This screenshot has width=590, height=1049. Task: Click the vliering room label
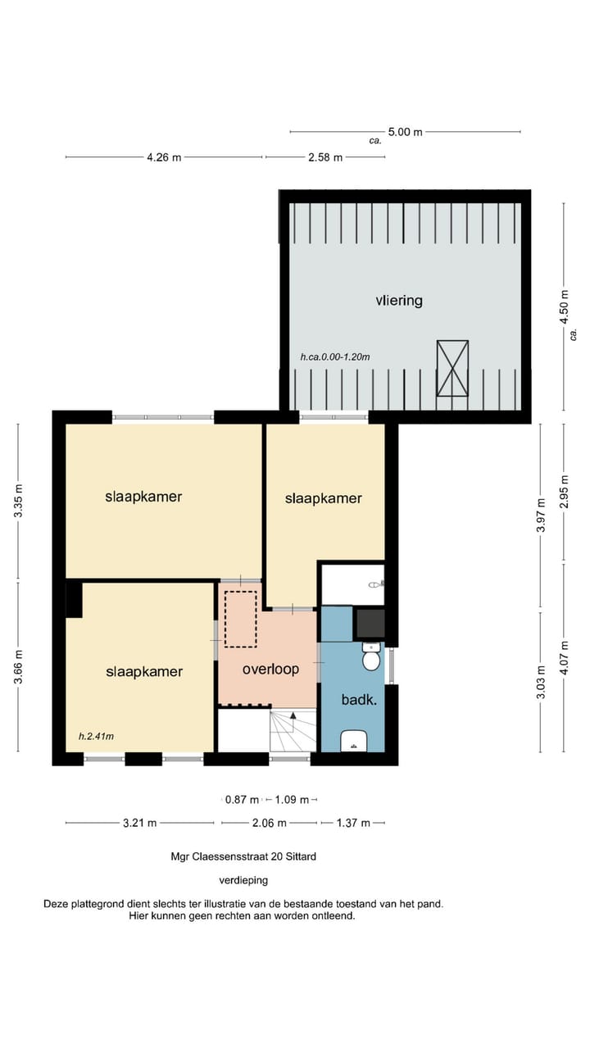tap(399, 301)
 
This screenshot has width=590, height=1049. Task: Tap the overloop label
tap(270, 669)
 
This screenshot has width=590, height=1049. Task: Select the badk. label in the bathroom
tap(358, 700)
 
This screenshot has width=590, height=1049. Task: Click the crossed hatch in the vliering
tap(452, 368)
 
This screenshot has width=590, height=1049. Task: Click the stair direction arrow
tap(293, 715)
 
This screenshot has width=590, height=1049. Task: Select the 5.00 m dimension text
tap(405, 131)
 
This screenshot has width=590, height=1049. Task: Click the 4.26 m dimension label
tap(164, 157)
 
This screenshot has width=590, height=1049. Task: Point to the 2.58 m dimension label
tap(325, 157)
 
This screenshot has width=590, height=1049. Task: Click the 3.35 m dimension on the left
tap(19, 501)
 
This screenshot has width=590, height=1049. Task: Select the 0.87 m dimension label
tap(243, 799)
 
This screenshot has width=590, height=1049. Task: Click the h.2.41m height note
tap(96, 736)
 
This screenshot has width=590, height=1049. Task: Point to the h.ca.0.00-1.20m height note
tap(335, 357)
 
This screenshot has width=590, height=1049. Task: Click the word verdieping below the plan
tap(243, 880)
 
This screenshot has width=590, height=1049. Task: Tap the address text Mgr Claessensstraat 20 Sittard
tap(243, 856)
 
